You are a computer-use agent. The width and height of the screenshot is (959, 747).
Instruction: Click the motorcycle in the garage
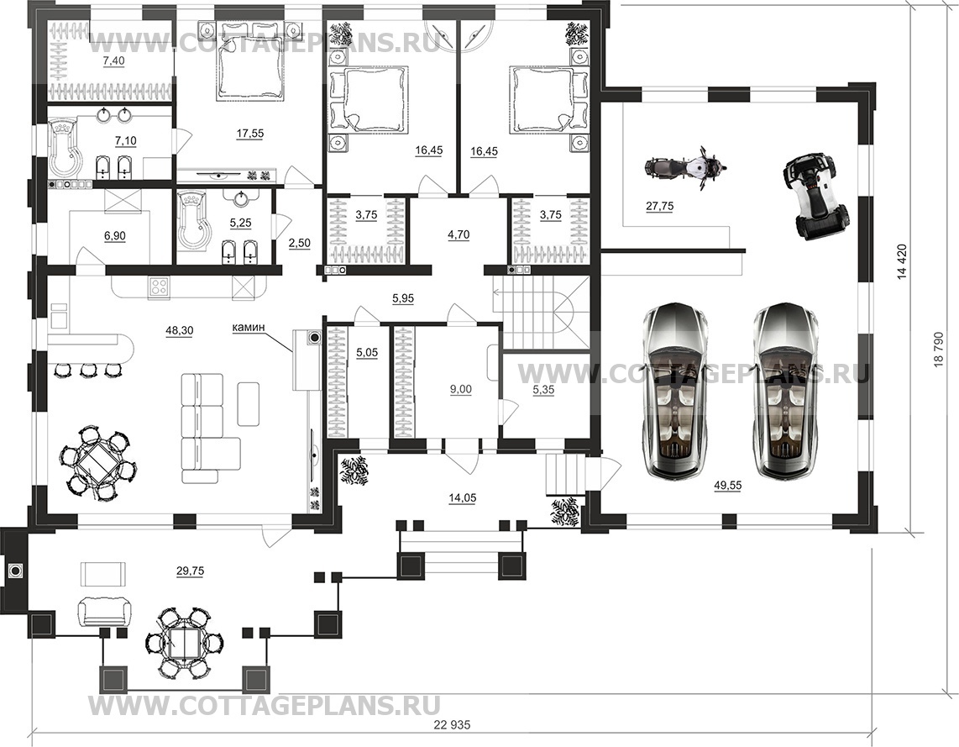(685, 166)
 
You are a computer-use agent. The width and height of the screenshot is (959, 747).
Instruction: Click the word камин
(249, 328)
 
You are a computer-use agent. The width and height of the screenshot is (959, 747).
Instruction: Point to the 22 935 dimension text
(453, 725)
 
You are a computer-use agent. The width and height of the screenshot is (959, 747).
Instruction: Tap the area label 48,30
(179, 330)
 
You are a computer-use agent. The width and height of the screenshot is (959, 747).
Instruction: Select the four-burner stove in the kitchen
(159, 287)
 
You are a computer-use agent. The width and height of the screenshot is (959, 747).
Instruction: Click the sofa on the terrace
(105, 611)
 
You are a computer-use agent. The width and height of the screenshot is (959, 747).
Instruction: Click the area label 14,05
(462, 498)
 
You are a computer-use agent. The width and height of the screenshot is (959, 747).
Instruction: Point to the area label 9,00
(460, 389)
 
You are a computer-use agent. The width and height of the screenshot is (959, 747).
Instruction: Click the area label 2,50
(299, 243)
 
